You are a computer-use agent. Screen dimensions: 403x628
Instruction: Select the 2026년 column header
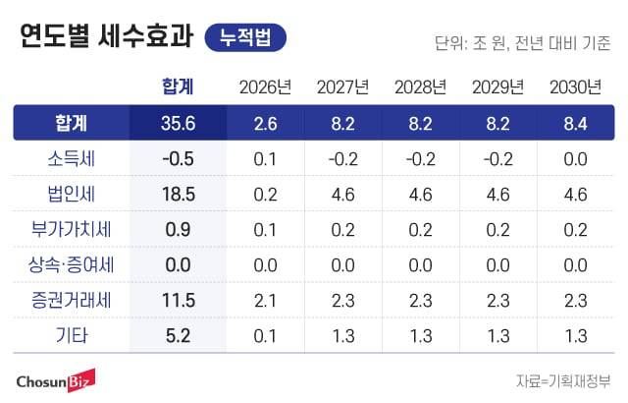265,87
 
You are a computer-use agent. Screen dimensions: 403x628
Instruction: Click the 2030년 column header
575,87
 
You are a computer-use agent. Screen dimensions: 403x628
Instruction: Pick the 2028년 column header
420,87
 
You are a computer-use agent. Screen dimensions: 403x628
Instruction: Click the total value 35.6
178,124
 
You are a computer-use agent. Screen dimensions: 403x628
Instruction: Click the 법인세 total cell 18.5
178,195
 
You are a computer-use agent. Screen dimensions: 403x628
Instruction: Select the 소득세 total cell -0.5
178,159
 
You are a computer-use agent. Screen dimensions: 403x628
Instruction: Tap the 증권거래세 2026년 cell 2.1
265,301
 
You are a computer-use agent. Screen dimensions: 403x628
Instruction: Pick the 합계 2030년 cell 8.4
575,124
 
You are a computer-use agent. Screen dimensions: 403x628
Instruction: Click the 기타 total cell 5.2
178,336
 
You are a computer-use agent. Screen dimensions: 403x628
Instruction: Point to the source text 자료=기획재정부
561,380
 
